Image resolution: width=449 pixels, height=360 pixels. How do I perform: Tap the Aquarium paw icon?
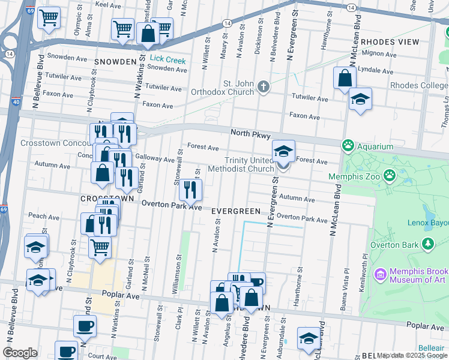[348, 146]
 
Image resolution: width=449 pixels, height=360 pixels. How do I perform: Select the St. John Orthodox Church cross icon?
[263, 88]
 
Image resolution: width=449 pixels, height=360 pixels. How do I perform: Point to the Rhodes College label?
[419, 86]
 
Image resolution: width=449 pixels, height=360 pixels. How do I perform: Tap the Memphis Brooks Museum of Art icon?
[379, 275]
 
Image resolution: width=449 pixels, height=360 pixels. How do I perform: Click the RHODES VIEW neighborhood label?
[390, 42]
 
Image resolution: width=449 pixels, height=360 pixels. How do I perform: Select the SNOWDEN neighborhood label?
[115, 62]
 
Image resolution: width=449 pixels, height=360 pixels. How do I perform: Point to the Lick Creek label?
[168, 59]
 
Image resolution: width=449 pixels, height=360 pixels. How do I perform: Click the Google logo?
[20, 353]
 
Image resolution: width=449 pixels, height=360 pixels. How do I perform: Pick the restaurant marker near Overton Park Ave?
[191, 191]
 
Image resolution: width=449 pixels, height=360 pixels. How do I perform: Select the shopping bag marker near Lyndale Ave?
[345, 79]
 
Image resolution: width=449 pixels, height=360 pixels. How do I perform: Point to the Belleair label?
[431, 348]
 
